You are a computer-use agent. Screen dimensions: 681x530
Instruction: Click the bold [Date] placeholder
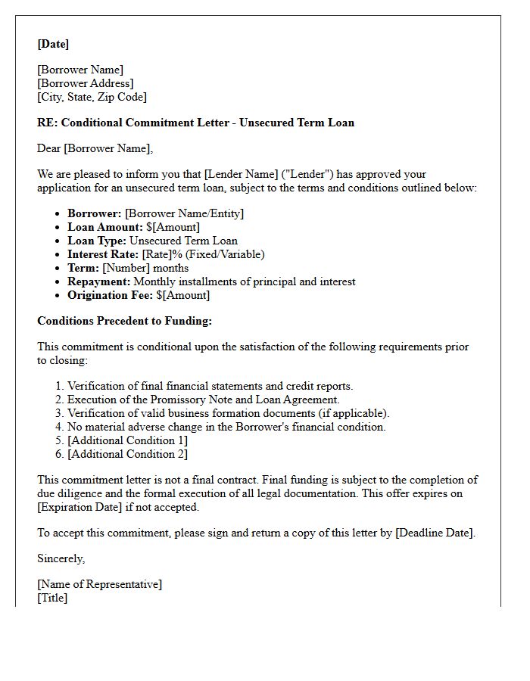(x=53, y=44)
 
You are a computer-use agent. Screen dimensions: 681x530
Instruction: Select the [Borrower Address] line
(x=86, y=83)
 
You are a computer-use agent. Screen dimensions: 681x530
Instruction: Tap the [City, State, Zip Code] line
(x=92, y=97)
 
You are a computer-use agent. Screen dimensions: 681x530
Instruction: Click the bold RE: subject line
(x=195, y=123)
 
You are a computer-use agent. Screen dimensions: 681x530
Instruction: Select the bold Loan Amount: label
(x=104, y=227)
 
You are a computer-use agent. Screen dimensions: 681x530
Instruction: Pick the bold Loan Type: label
(x=97, y=241)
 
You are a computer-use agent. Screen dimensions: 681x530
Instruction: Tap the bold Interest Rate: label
(x=103, y=254)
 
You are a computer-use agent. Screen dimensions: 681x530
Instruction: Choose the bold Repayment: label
(x=98, y=281)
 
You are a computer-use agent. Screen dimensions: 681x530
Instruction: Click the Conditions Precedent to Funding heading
(x=124, y=321)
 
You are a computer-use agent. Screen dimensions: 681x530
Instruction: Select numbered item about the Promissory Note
(x=204, y=400)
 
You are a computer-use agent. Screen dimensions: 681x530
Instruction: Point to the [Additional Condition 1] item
(x=127, y=440)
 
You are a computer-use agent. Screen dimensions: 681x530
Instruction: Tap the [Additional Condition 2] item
(x=127, y=454)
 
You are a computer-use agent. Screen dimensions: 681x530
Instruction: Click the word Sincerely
(x=61, y=558)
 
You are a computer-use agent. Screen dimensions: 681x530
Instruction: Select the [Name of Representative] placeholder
(x=99, y=584)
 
